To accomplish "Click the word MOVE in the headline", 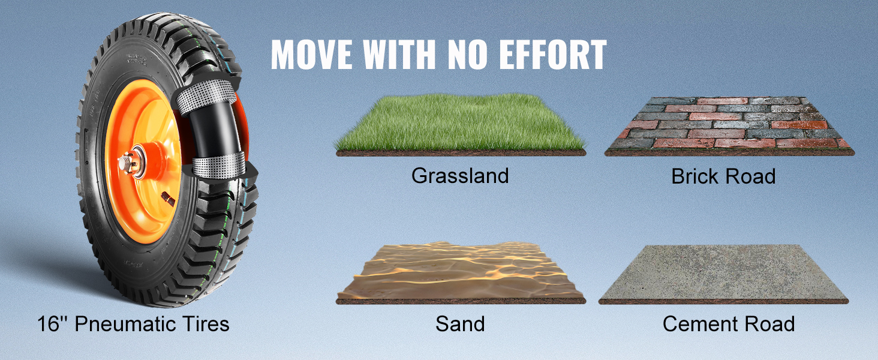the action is point(312,55).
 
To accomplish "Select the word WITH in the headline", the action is point(399,55).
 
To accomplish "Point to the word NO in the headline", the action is point(468,55).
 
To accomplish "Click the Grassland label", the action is point(460,176).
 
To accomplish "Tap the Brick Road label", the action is point(723,176).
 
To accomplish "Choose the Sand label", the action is point(460,324).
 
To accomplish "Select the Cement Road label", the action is point(729,324).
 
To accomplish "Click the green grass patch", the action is point(461,124).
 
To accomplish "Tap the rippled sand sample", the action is point(461,272).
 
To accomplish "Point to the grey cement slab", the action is point(723,274).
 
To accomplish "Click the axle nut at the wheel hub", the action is point(126,163).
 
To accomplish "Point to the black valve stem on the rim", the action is point(168,199).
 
